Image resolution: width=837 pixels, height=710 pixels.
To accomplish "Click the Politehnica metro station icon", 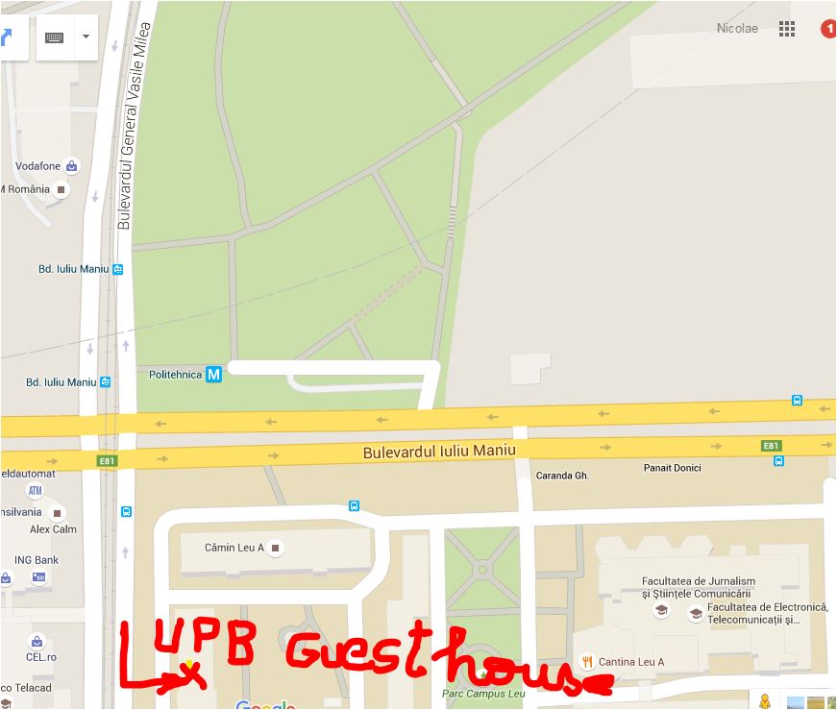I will pos(213,374).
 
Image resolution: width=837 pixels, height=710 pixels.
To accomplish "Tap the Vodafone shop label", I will pos(37,166).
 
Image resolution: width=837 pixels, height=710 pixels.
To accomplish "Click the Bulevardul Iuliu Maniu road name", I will pos(439,451).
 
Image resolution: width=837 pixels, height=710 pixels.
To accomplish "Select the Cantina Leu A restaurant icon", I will pos(585,662).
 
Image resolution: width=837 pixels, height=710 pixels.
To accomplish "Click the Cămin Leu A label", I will pos(234,548).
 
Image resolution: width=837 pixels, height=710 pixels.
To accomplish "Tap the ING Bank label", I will pos(36,560).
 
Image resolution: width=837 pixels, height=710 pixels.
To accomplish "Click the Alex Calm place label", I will pos(53,529).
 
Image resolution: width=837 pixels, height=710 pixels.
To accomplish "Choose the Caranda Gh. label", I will pos(562,476).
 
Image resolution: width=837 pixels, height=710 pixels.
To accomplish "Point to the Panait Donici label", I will pos(672,468).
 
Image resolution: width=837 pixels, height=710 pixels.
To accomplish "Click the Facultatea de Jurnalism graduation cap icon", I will pos(661,609).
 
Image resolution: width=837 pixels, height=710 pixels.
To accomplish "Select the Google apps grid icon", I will pos(787,29).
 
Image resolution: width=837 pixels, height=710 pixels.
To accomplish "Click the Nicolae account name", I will pos(737,29).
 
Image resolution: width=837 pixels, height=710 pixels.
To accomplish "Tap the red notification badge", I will pos(828,29).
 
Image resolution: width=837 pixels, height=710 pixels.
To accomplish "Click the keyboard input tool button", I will pos(55,37).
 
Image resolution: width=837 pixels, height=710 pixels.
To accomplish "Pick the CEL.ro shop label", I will pos(42,657).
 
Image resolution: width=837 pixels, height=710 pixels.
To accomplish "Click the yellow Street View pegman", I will pos(764,701).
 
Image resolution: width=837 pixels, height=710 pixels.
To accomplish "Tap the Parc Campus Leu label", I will pos(483,694).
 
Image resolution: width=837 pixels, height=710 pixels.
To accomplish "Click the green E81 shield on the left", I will pos(106,461).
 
